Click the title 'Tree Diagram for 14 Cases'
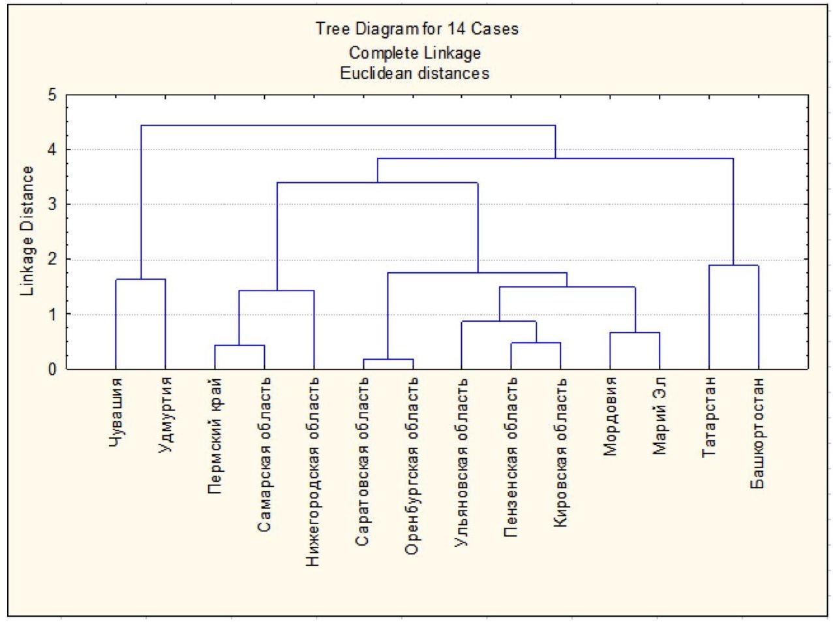[x=417, y=29]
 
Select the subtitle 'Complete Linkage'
[x=415, y=52]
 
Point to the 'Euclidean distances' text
[x=415, y=73]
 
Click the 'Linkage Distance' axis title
[x=27, y=231]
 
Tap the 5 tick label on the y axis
[x=52, y=95]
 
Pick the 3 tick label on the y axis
[x=52, y=204]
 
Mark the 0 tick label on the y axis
[x=52, y=369]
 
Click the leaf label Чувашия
[x=115, y=413]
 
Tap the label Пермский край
[x=215, y=436]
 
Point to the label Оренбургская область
[x=412, y=466]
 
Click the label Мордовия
[x=610, y=416]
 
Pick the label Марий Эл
[x=659, y=416]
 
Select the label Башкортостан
[x=758, y=433]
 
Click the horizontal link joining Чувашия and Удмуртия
[x=140, y=279]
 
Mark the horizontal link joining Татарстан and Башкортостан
[x=733, y=266]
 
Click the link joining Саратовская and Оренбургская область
[x=388, y=360]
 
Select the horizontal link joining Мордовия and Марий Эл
[x=635, y=333]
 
